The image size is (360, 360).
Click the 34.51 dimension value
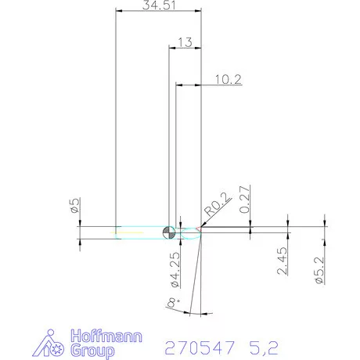coord(156,5)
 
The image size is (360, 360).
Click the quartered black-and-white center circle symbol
coord(168,232)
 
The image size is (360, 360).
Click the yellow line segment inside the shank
coord(129,232)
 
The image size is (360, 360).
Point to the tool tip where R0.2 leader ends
coord(202,230)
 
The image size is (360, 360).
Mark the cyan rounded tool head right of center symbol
coord(188,232)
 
